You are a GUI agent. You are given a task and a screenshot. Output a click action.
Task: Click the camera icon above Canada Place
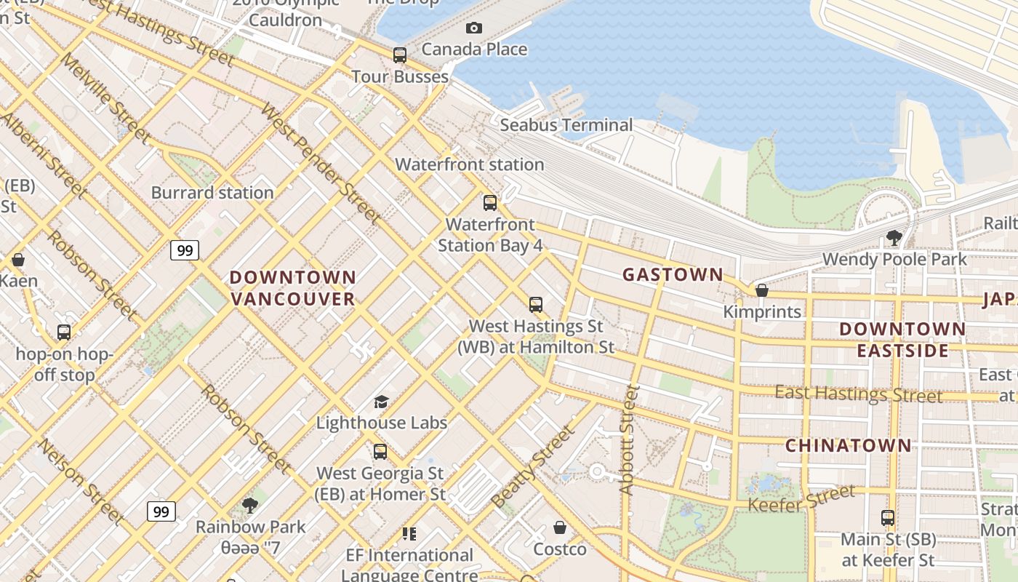[474, 28]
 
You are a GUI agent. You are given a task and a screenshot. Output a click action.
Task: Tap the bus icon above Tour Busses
[400, 55]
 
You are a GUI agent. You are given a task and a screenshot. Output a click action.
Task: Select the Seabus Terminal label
[566, 125]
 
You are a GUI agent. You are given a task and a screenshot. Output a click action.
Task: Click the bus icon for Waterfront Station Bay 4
[490, 202]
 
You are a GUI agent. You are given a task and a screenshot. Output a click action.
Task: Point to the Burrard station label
[212, 193]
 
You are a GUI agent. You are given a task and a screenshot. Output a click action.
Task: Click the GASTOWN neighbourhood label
[673, 274]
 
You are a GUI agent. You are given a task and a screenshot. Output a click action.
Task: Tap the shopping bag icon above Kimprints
[762, 290]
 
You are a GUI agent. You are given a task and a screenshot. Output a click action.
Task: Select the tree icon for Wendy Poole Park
[894, 237]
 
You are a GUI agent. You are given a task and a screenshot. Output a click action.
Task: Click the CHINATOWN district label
[848, 445]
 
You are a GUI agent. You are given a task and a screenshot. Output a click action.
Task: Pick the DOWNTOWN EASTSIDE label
[902, 340]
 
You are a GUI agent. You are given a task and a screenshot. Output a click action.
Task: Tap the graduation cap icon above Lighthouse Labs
[381, 402]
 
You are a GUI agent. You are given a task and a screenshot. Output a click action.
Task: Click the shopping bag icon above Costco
[560, 527]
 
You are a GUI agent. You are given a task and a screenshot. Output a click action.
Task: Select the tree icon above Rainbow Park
[250, 505]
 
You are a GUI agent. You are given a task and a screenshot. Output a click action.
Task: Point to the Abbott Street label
[628, 440]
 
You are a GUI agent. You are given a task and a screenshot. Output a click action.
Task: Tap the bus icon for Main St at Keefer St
[888, 518]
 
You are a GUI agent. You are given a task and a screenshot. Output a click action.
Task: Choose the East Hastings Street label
[858, 394]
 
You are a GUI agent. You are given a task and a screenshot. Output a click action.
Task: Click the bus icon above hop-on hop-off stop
[64, 332]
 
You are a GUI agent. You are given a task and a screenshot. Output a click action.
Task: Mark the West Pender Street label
[320, 164]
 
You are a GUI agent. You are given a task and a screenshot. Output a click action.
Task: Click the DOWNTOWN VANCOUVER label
[293, 288]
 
